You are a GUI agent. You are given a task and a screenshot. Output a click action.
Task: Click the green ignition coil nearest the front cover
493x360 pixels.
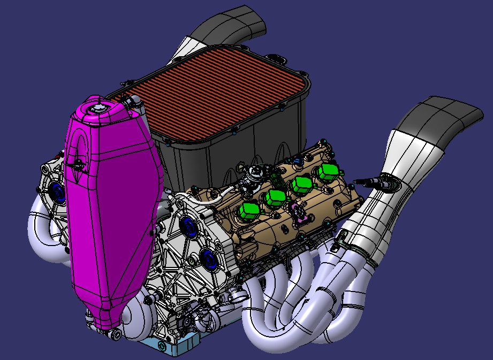point(248,211)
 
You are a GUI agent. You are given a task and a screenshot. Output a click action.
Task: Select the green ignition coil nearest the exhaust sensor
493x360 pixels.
point(327,172)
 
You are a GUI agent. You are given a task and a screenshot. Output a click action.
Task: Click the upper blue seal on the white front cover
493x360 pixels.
point(187,224)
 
